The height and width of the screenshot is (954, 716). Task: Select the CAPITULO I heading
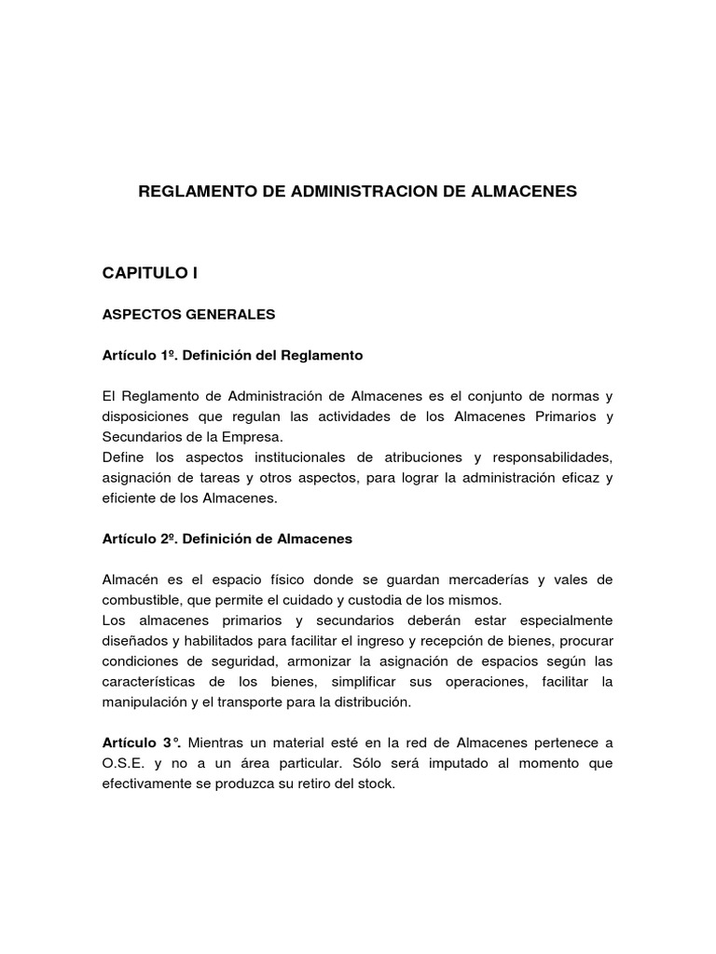150,273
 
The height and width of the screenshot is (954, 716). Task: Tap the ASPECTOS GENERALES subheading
188,315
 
